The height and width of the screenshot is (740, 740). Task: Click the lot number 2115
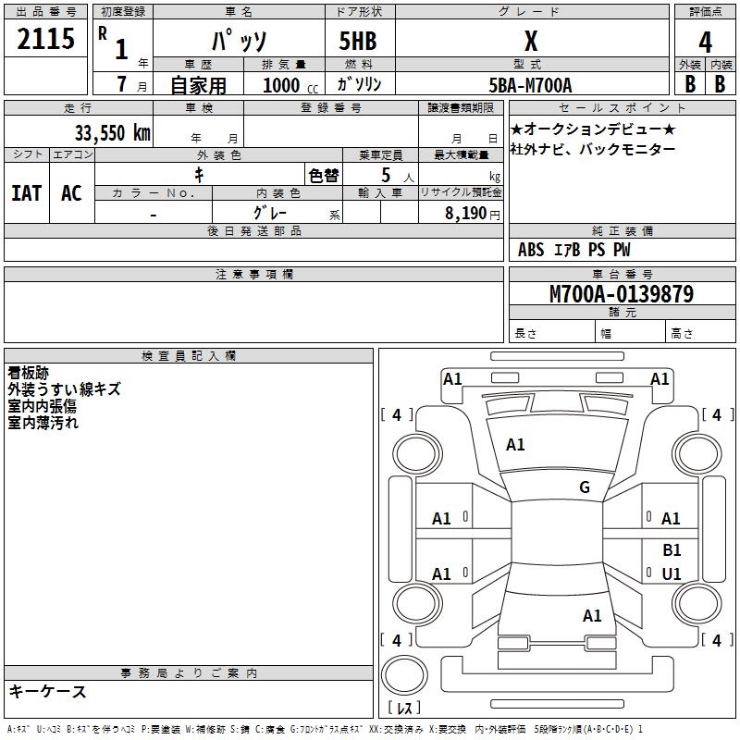(46, 39)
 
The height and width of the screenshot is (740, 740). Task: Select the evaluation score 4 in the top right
(705, 42)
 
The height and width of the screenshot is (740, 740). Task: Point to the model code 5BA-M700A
(530, 85)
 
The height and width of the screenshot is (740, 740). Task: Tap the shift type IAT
(26, 193)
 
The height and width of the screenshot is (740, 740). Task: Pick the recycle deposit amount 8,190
(465, 214)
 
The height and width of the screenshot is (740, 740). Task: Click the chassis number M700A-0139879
(622, 295)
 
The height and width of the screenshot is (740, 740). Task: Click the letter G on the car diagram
(584, 487)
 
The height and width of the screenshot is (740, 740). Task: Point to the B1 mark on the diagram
(672, 549)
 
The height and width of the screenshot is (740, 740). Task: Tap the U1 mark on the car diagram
(672, 574)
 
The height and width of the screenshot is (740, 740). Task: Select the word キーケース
(48, 691)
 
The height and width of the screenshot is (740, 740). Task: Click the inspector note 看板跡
(29, 373)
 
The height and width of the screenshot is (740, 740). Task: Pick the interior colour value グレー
(270, 214)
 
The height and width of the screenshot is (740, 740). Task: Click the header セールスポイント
(622, 108)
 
